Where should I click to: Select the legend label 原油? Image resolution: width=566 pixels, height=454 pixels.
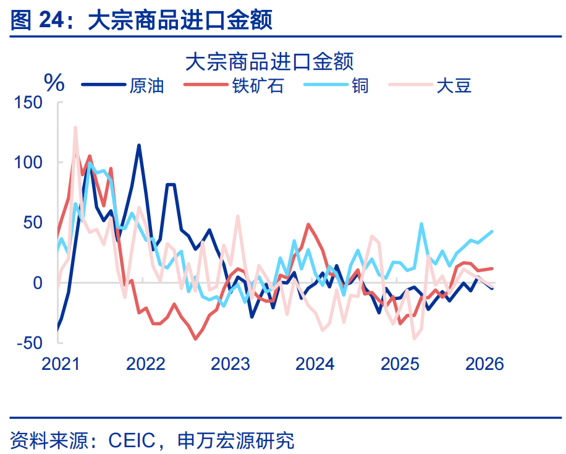click(146, 85)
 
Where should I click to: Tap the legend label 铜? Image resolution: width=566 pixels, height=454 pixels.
click(360, 85)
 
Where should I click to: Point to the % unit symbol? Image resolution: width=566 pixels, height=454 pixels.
click(54, 82)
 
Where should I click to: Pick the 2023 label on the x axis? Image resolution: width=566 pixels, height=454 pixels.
click(230, 364)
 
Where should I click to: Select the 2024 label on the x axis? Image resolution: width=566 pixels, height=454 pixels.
click(315, 364)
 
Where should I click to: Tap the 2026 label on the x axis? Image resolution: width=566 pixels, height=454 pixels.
click(484, 364)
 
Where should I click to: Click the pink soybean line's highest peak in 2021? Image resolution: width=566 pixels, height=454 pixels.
click(75, 128)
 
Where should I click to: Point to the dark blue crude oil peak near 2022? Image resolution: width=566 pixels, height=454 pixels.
click(139, 145)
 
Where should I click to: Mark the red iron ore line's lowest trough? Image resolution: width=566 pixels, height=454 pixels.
click(196, 338)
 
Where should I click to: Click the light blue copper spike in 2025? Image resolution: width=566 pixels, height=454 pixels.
click(421, 225)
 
